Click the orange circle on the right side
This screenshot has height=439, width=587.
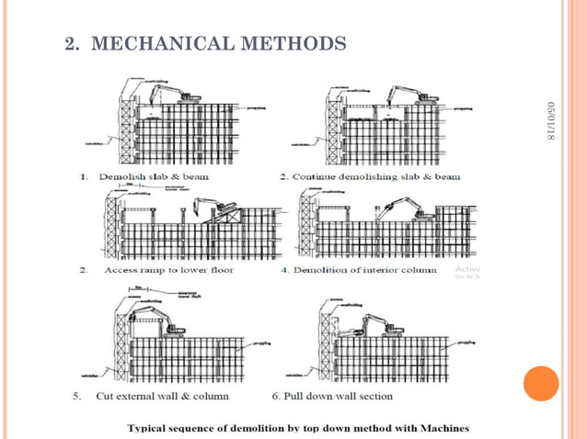pyautogui.click(x=541, y=383)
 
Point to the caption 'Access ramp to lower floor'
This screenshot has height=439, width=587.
pyautogui.click(x=168, y=270)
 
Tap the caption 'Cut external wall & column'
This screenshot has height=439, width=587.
pyautogui.click(x=163, y=396)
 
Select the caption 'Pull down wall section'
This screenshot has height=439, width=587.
pyautogui.click(x=339, y=396)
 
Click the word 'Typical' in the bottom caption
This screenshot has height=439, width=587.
pyautogui.click(x=151, y=428)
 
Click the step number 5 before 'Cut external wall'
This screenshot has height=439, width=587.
pyautogui.click(x=77, y=396)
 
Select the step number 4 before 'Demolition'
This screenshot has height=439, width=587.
pyautogui.click(x=284, y=270)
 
